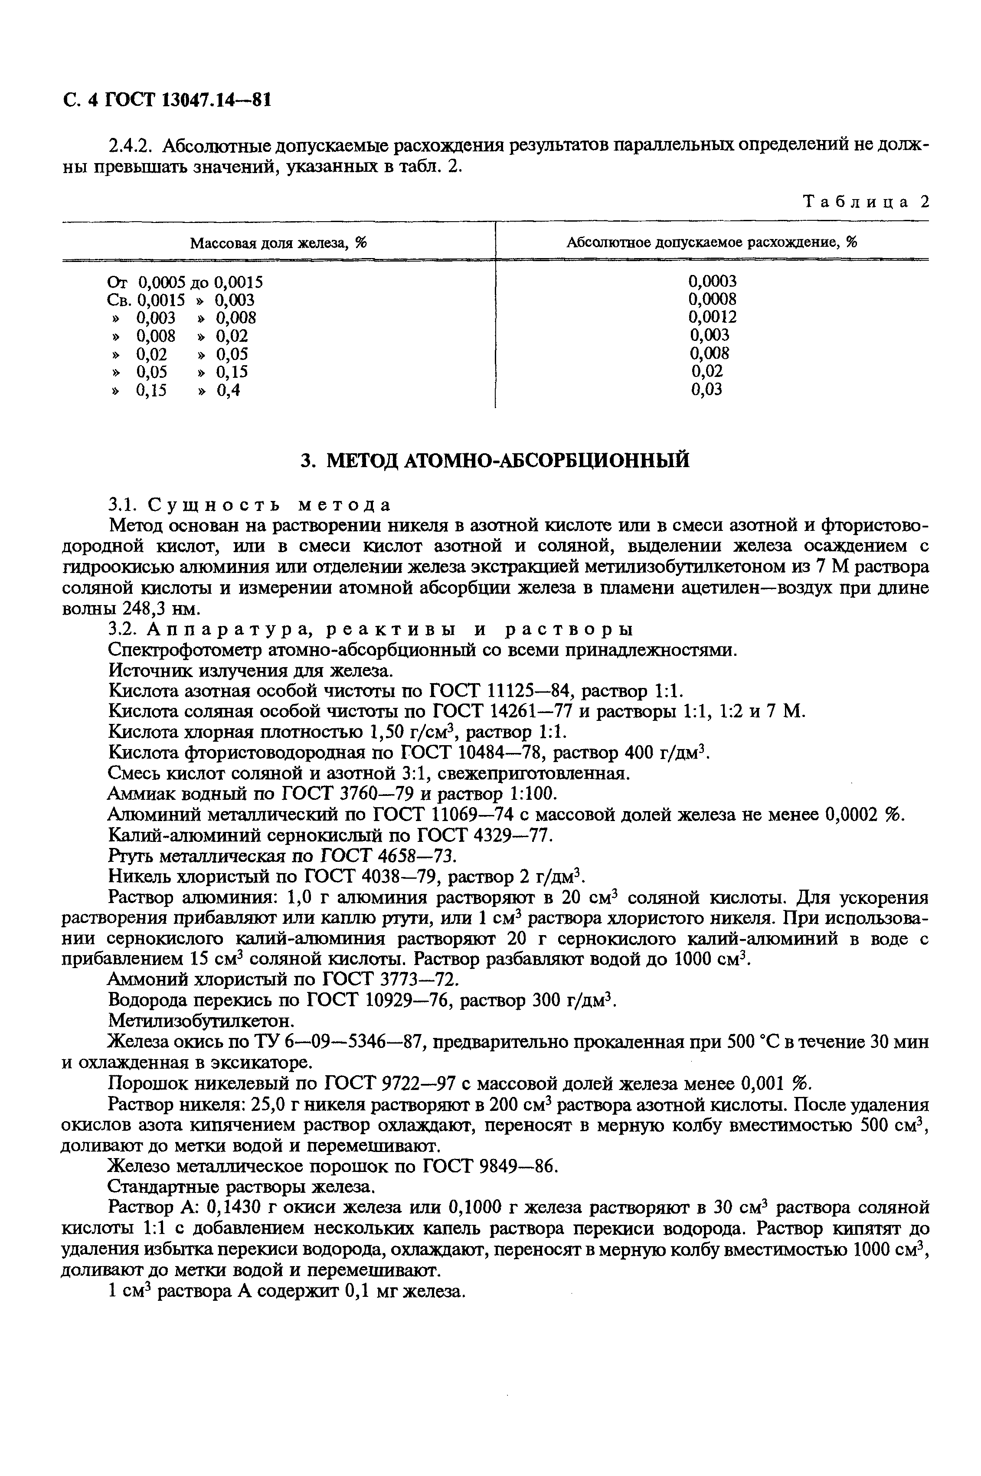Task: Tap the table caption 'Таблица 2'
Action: (866, 202)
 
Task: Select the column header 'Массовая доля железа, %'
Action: (278, 243)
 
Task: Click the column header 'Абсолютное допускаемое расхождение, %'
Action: (711, 243)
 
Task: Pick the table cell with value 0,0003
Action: (712, 281)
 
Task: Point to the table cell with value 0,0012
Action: (712, 317)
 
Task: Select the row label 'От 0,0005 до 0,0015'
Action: (185, 281)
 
